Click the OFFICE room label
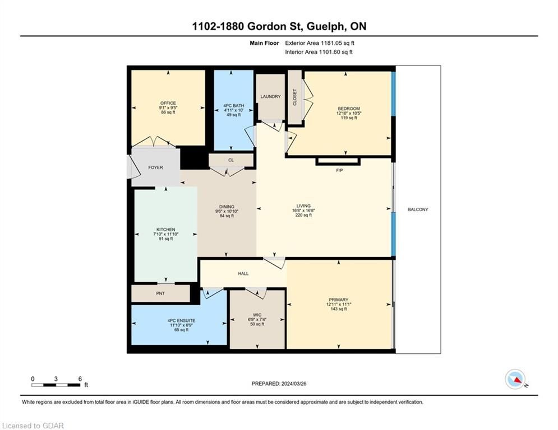[168, 103]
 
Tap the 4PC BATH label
[234, 106]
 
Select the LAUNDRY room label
[270, 96]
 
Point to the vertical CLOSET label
[294, 97]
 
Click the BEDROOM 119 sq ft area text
[349, 118]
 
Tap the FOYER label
[155, 167]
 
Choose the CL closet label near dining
[231, 160]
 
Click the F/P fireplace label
[339, 171]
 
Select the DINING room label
[227, 207]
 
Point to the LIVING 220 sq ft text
[303, 215]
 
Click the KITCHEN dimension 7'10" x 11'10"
[166, 234]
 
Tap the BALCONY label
[418, 209]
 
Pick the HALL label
[243, 274]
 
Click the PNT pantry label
[160, 293]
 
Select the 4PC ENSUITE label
[182, 321]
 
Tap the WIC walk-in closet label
[257, 315]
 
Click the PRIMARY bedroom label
[338, 300]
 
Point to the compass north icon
[515, 379]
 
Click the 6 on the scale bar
[80, 379]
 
